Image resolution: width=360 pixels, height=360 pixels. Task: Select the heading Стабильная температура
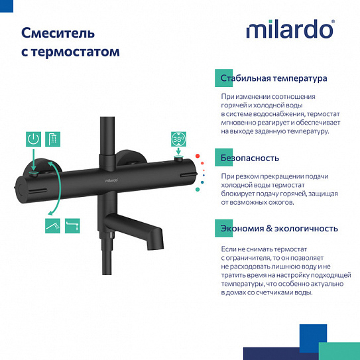274,78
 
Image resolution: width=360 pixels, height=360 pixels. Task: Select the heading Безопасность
250,158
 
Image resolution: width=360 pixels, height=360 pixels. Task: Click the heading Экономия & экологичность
279,229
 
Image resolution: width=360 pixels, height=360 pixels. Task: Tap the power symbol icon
33,139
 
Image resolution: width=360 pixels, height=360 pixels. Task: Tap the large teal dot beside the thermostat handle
197,190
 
